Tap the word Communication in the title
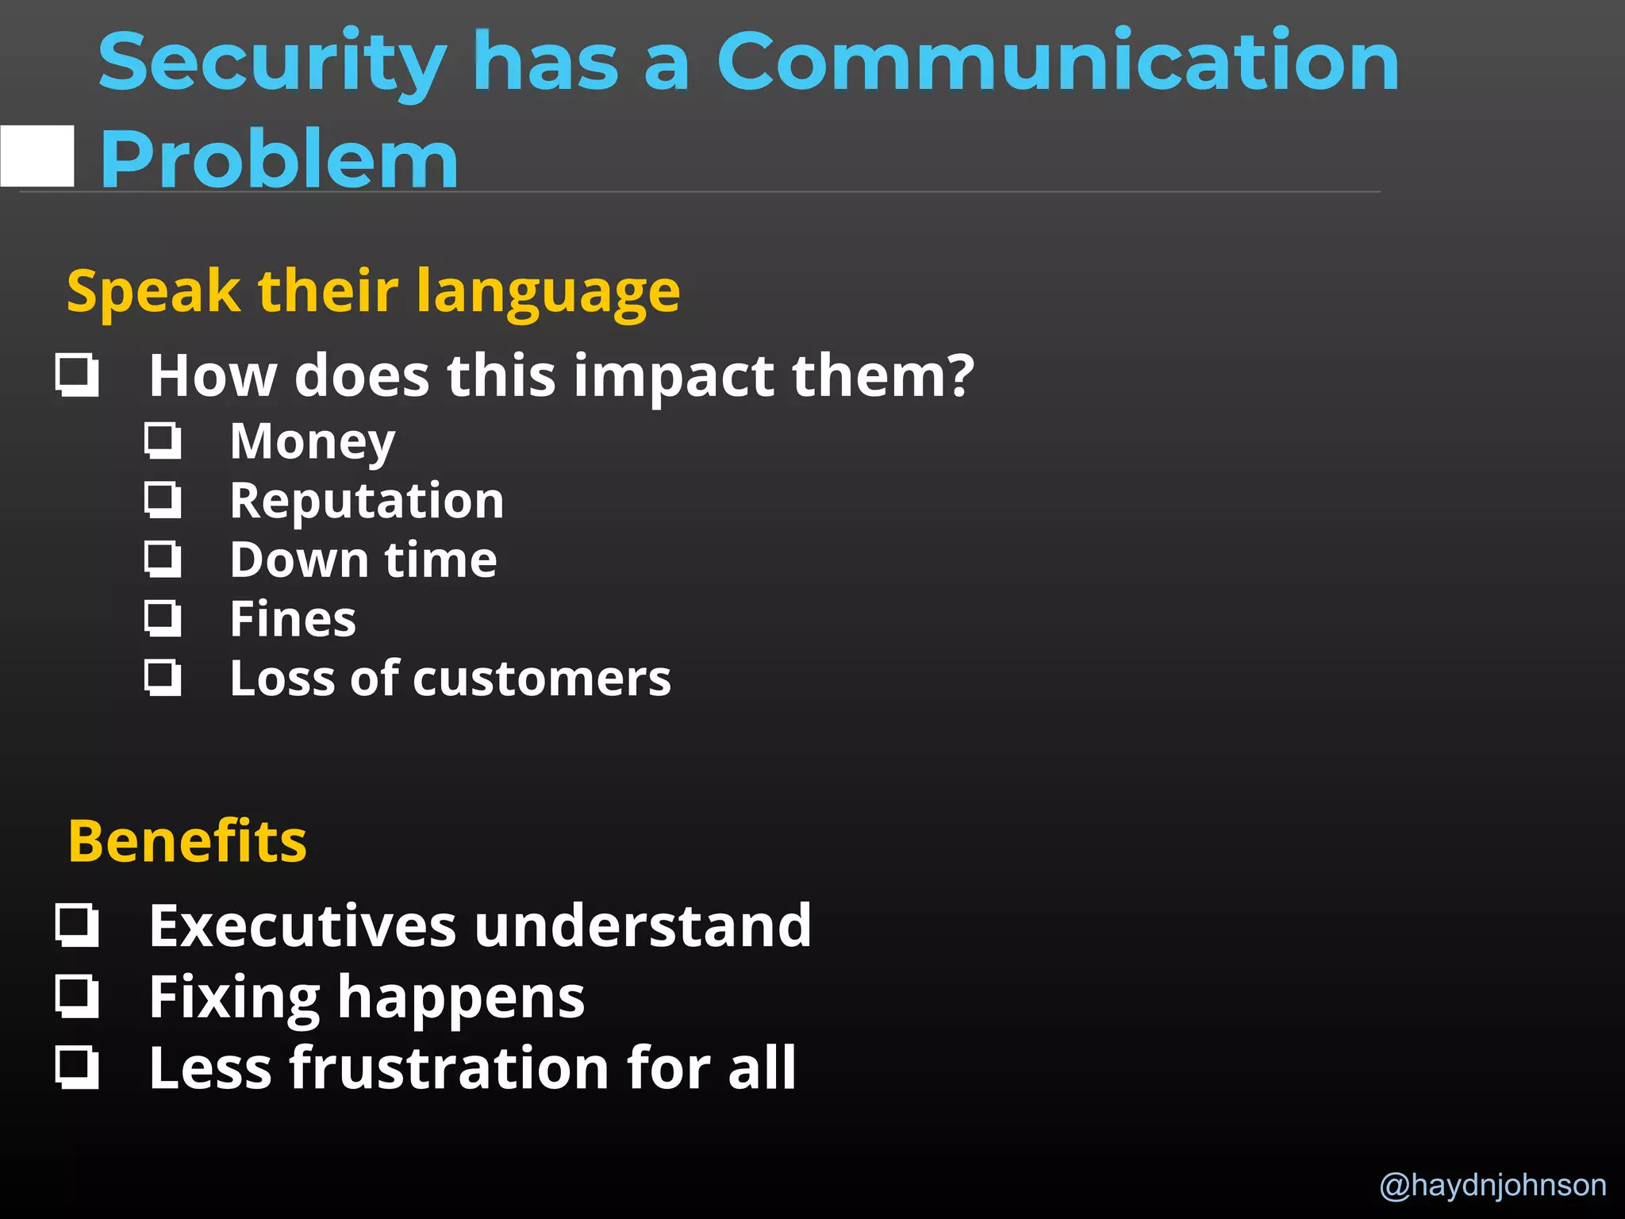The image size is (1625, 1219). coord(1058,62)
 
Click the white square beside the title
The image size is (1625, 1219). coord(37,156)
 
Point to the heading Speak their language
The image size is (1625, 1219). coord(373,291)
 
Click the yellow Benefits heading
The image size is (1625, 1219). coord(187,841)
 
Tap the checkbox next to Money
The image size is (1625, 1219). coord(163,441)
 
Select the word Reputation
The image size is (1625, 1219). coord(367,501)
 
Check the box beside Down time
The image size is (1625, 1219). coord(163,560)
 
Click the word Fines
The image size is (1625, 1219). coord(293,619)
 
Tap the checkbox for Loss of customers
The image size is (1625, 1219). coord(163,679)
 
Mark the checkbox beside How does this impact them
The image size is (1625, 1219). coord(78,375)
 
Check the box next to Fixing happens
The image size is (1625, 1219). coord(78,997)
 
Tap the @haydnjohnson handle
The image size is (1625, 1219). coord(1492,1185)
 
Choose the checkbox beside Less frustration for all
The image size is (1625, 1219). coord(78,1067)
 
